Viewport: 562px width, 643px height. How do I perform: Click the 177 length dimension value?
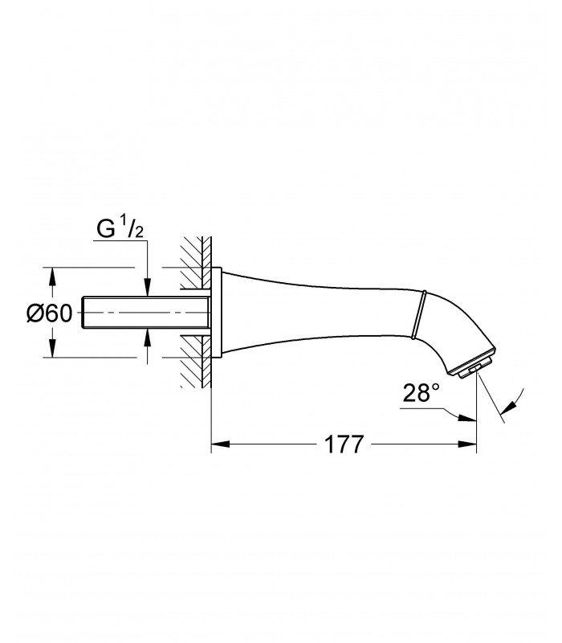pyautogui.click(x=344, y=444)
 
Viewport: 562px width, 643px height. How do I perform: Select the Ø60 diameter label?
pyautogui.click(x=49, y=313)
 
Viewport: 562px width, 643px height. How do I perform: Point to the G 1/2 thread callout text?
pyautogui.click(x=120, y=229)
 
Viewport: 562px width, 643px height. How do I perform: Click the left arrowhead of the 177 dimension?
pyautogui.click(x=220, y=444)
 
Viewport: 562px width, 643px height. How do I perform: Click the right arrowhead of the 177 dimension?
pyautogui.click(x=467, y=444)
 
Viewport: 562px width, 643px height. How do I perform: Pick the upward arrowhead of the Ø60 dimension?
pyautogui.click(x=52, y=277)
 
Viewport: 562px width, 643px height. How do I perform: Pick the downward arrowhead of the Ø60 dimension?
pyautogui.click(x=52, y=348)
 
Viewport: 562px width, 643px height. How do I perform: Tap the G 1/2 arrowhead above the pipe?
pyautogui.click(x=148, y=288)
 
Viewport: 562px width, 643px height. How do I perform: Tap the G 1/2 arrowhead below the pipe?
pyautogui.click(x=148, y=338)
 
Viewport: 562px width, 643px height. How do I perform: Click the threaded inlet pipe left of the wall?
pyautogui.click(x=145, y=313)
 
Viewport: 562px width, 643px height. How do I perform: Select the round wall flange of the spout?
pyautogui.click(x=216, y=313)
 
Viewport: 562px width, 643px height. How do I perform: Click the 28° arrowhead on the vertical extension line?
pyautogui.click(x=467, y=417)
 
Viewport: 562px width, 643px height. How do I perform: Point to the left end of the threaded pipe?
pyautogui.click(x=83, y=313)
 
